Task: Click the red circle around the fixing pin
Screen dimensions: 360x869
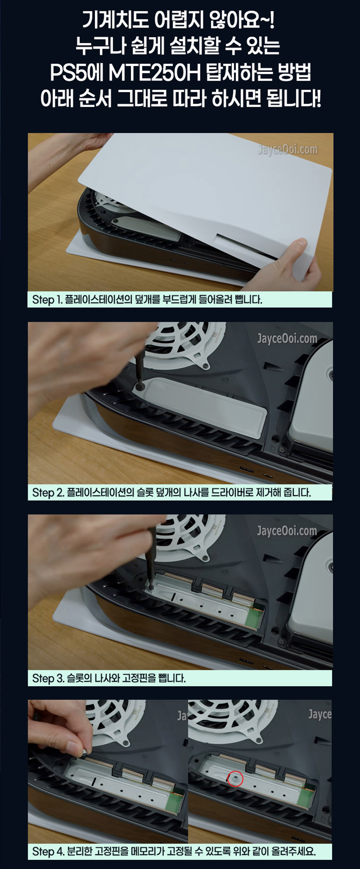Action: coord(236,779)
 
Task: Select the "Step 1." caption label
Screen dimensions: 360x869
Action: coord(47,300)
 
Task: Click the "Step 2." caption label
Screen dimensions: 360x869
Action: coord(48,492)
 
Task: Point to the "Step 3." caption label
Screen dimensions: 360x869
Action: coord(48,678)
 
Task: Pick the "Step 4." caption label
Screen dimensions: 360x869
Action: coord(48,851)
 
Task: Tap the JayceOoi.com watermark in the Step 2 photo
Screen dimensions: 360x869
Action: coord(287,338)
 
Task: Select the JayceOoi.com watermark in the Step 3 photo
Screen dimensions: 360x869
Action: coord(287,531)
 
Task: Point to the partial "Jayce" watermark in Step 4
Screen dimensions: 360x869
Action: coord(320,714)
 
